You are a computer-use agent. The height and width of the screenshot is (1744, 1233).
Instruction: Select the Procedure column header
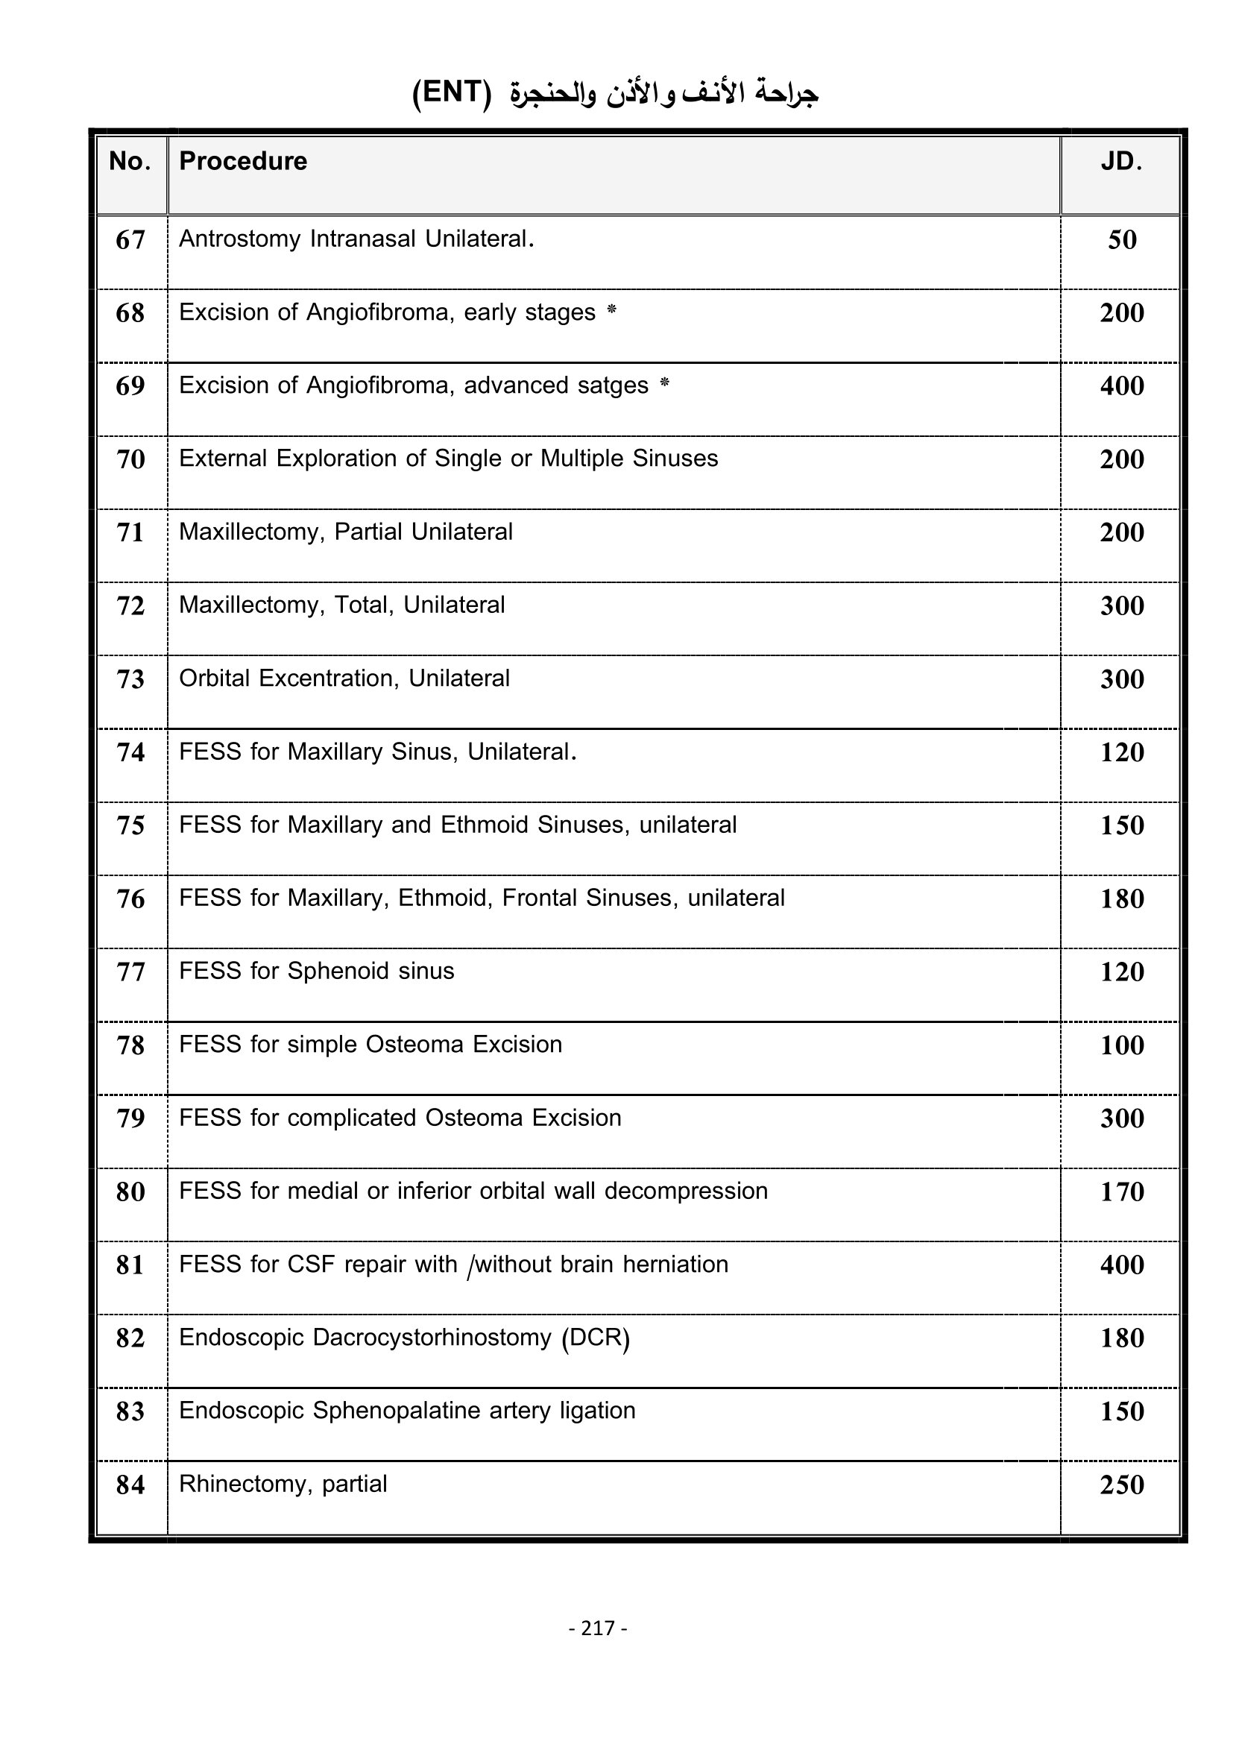(x=243, y=162)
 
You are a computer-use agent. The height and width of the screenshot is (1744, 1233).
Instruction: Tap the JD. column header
(x=1121, y=162)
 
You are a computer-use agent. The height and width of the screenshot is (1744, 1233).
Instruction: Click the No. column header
(x=130, y=162)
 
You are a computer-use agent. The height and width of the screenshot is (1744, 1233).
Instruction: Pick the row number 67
(x=130, y=240)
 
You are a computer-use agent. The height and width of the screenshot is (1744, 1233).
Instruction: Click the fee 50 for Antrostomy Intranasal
(x=1122, y=240)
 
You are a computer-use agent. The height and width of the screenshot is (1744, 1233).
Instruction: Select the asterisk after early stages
(x=612, y=310)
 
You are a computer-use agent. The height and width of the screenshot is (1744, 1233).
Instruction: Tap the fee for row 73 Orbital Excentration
(x=1122, y=679)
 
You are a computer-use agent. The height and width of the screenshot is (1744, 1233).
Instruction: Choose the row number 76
(x=130, y=899)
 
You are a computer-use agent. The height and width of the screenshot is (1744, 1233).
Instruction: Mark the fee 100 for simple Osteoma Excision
(x=1122, y=1045)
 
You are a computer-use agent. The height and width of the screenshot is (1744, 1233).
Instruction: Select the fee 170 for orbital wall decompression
(x=1122, y=1191)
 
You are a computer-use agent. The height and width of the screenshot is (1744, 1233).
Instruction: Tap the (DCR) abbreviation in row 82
(x=596, y=1338)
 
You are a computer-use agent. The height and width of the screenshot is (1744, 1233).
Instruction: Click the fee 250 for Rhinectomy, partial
(x=1122, y=1485)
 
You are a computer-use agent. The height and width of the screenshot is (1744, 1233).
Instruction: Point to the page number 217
(x=598, y=1628)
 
